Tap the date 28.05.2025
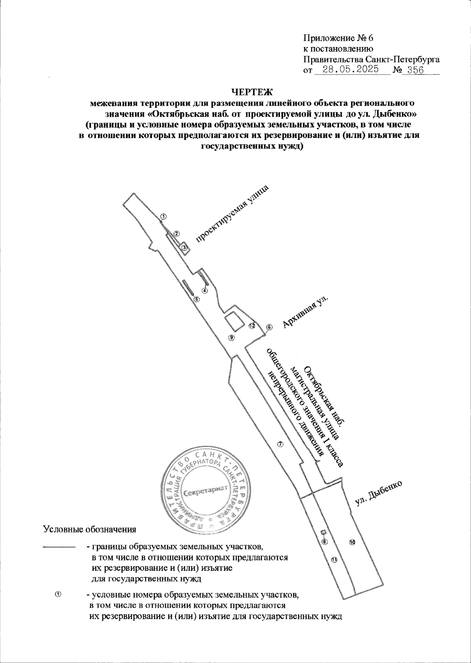coord(351,70)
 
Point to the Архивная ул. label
coord(305,311)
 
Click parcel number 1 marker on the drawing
coord(164,216)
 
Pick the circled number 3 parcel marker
coord(184,247)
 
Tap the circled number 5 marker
coord(197,299)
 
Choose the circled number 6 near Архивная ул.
coord(269,327)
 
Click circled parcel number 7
coord(280,444)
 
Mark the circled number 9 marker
coord(232,337)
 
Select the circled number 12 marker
coord(252,326)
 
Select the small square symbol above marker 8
coord(323,533)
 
